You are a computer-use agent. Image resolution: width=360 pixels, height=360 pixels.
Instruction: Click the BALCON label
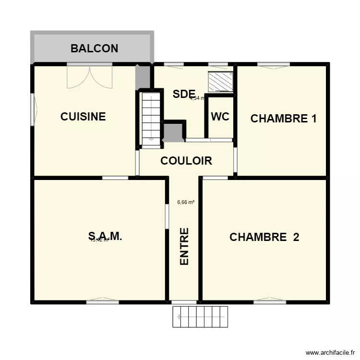coord(94,48)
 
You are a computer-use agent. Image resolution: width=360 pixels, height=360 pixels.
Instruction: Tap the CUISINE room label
coord(83,117)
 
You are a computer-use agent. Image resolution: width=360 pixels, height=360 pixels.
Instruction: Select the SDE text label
coord(184,94)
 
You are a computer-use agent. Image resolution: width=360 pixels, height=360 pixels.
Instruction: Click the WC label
coord(220,117)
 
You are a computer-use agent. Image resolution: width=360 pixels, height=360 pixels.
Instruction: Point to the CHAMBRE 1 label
coord(283,119)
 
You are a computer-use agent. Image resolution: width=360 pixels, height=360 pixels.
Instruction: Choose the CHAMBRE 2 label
coord(264,237)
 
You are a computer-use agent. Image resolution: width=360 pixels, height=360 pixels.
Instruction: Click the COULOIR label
coord(186,161)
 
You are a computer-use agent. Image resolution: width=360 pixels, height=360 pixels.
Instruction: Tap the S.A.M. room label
coord(105,236)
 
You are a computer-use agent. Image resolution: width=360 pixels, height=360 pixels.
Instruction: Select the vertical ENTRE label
coord(184,246)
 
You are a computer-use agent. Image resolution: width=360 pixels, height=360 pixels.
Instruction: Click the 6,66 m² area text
coord(186,202)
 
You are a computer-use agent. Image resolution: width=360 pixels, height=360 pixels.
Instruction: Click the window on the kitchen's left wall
coord(33,109)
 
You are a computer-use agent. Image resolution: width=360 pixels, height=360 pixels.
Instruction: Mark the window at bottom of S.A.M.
coord(102,301)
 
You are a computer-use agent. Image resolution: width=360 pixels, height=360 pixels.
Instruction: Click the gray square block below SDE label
coord(174,131)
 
